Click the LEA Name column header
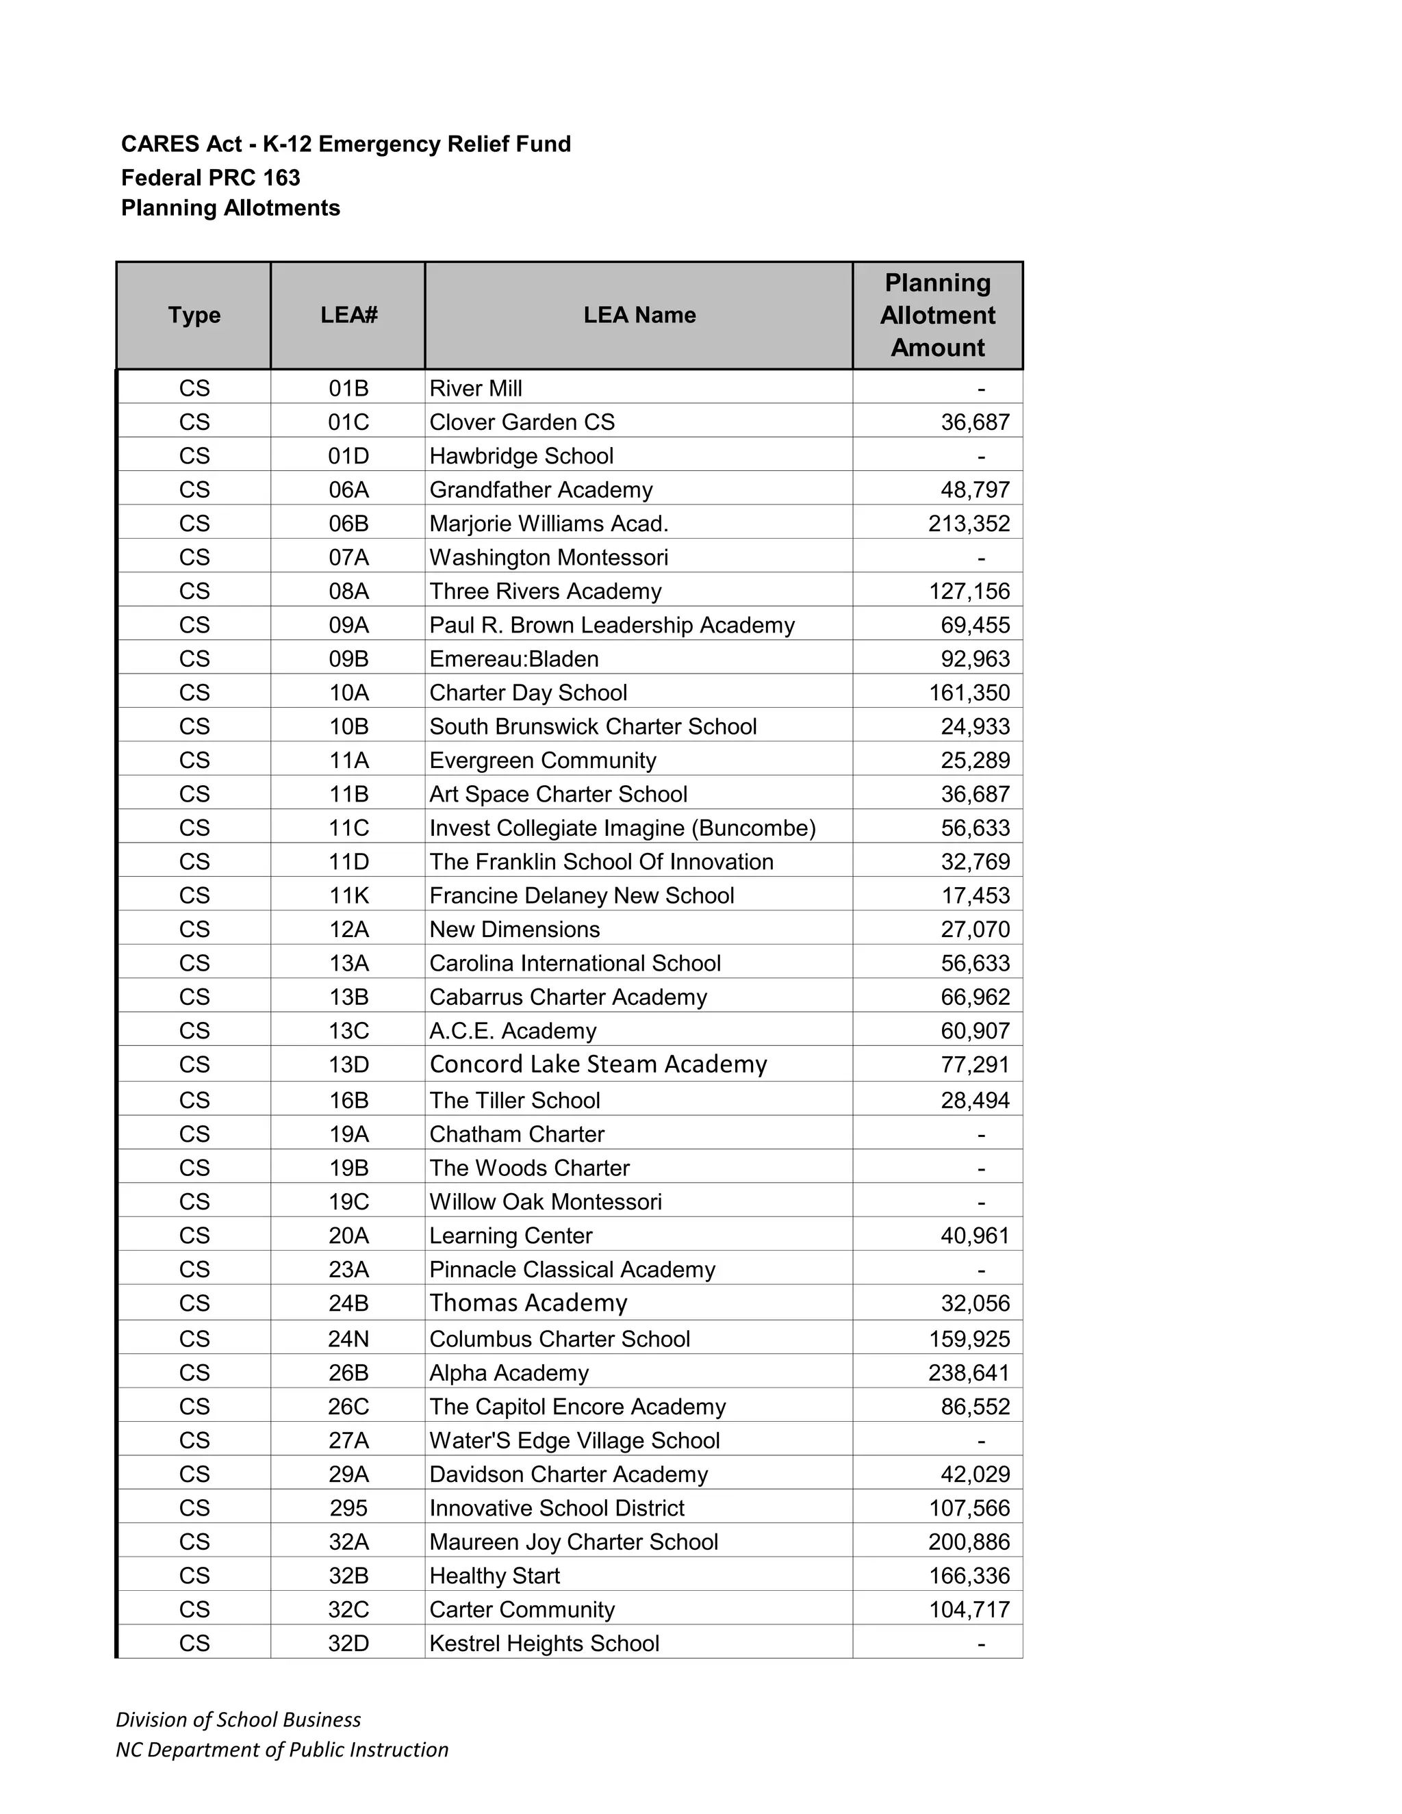639,315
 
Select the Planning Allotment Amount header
937,315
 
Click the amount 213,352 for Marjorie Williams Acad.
969,523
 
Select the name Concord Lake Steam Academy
598,1064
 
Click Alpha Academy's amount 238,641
969,1372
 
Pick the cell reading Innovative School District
557,1507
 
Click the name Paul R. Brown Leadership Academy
611,624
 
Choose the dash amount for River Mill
981,388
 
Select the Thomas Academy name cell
528,1303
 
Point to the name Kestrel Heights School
544,1643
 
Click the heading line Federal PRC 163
210,178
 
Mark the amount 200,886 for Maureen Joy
969,1542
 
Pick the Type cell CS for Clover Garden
194,422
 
